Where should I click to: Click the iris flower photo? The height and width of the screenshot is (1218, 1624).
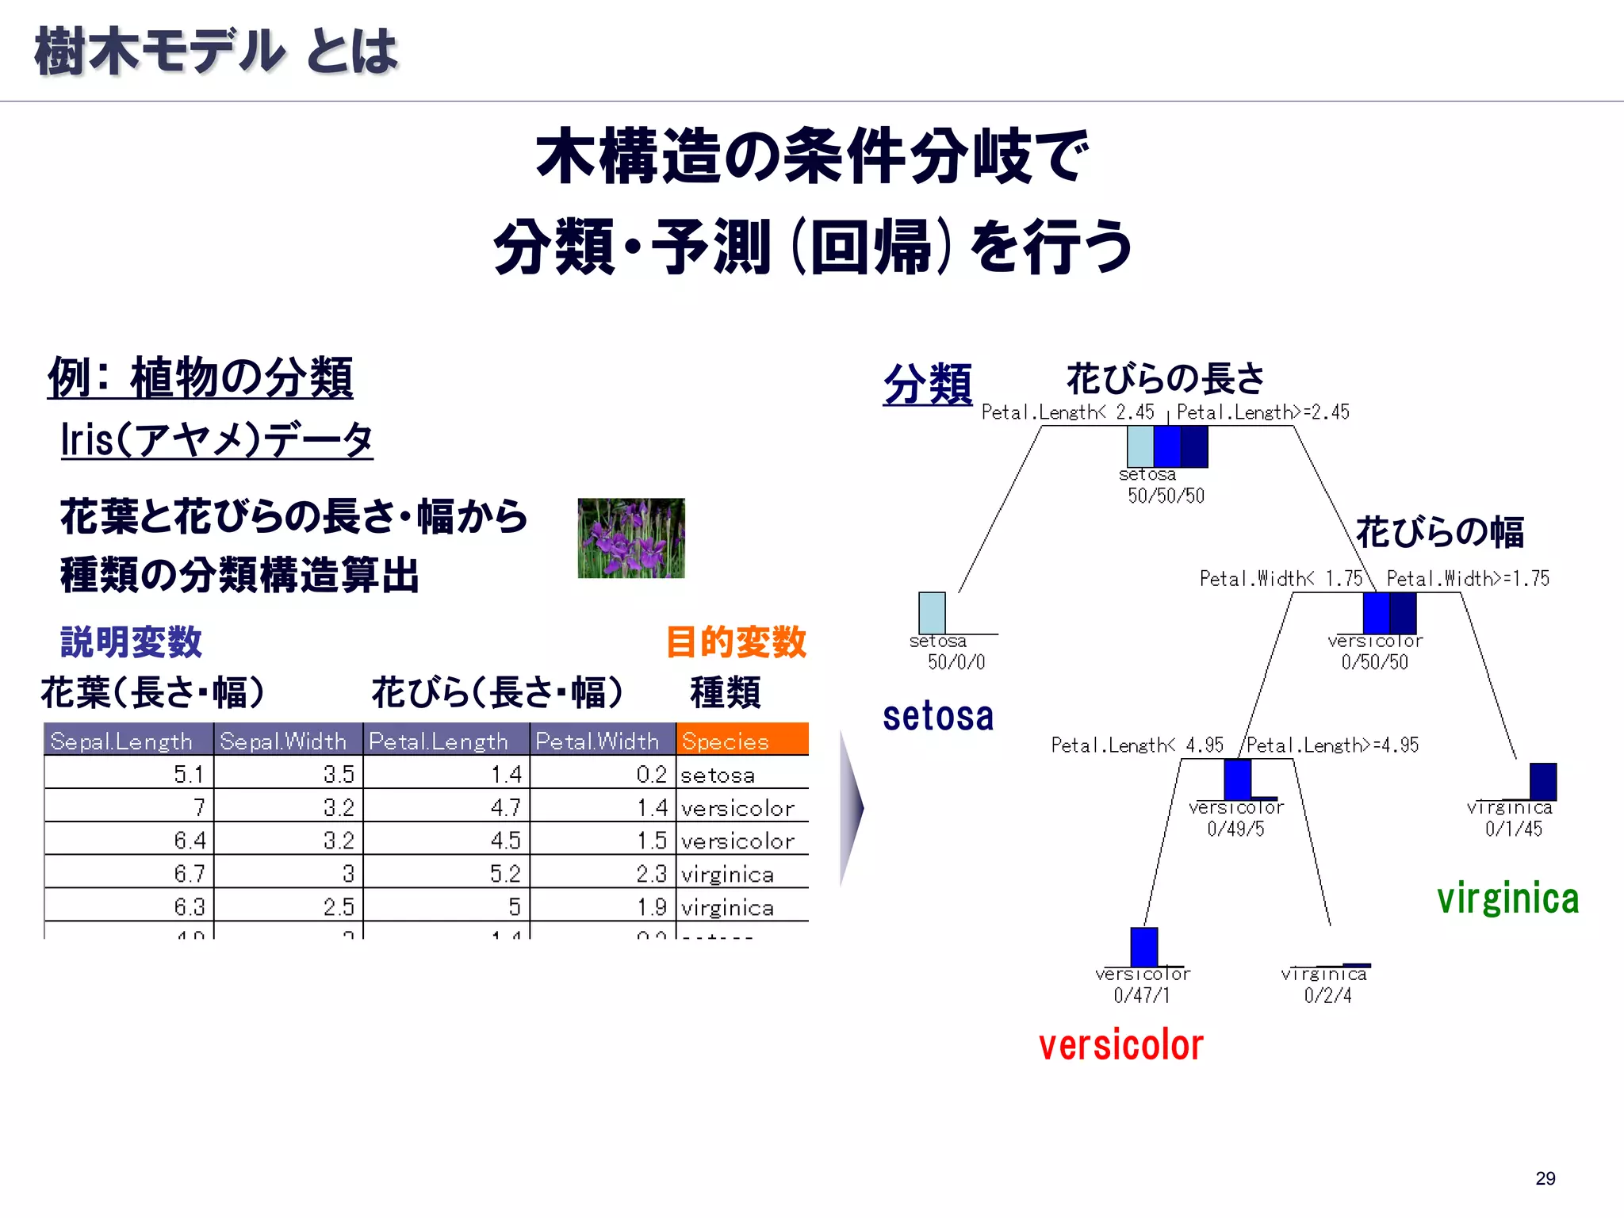click(x=630, y=538)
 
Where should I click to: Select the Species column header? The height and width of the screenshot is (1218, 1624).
click(x=741, y=740)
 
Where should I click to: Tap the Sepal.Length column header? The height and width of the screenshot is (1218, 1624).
click(x=128, y=740)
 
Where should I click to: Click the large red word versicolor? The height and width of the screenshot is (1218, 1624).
click(x=1120, y=1045)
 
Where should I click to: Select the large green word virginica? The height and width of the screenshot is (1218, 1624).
click(x=1507, y=898)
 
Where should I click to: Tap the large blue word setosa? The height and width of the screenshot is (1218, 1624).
click(x=937, y=716)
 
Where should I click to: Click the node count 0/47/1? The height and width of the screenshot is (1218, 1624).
click(x=1141, y=995)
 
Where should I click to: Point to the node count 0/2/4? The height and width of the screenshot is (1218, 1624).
click(x=1327, y=995)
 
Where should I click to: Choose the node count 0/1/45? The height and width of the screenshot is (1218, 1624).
click(x=1513, y=829)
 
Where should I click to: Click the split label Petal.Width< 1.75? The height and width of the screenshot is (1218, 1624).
click(x=1280, y=578)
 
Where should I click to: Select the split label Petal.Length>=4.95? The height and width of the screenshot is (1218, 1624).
click(x=1332, y=745)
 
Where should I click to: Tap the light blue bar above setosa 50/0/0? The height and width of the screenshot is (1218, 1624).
click(x=932, y=612)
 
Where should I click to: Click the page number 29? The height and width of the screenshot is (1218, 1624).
click(x=1545, y=1178)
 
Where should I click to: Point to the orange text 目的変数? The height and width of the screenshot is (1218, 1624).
click(x=735, y=642)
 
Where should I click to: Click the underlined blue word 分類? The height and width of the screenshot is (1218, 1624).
click(x=927, y=385)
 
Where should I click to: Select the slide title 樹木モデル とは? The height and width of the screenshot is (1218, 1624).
click(x=216, y=52)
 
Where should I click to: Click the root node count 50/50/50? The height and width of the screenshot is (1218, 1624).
click(x=1166, y=496)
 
